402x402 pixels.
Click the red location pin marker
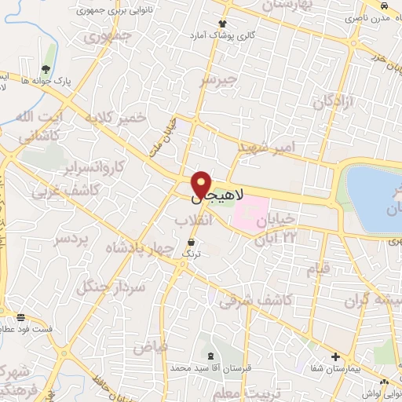pyautogui.click(x=202, y=183)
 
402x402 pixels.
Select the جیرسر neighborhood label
pyautogui.click(x=217, y=80)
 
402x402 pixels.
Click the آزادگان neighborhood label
pyautogui.click(x=330, y=102)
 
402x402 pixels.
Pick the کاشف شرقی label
pyautogui.click(x=256, y=299)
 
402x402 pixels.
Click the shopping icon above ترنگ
pyautogui.click(x=191, y=242)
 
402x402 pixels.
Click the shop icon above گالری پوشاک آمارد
pyautogui.click(x=223, y=24)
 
